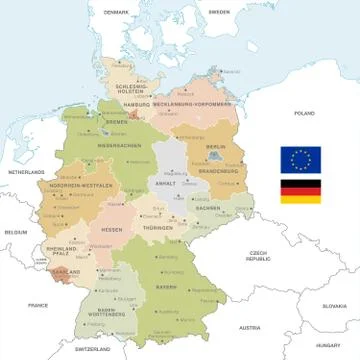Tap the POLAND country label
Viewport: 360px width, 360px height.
pyautogui.click(x=304, y=114)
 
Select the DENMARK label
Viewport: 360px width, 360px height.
pyautogui.click(x=117, y=11)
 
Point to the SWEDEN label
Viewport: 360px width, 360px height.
pyautogui.click(x=218, y=11)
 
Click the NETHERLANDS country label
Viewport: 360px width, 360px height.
pyautogui.click(x=28, y=173)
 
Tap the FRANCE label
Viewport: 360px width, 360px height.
pyautogui.click(x=38, y=304)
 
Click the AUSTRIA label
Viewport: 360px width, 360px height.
pyautogui.click(x=249, y=327)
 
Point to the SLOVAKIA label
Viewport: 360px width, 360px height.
pyautogui.click(x=334, y=305)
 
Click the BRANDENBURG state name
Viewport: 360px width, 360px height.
pyautogui.click(x=216, y=171)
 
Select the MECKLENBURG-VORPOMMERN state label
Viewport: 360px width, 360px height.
pyautogui.click(x=187, y=103)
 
